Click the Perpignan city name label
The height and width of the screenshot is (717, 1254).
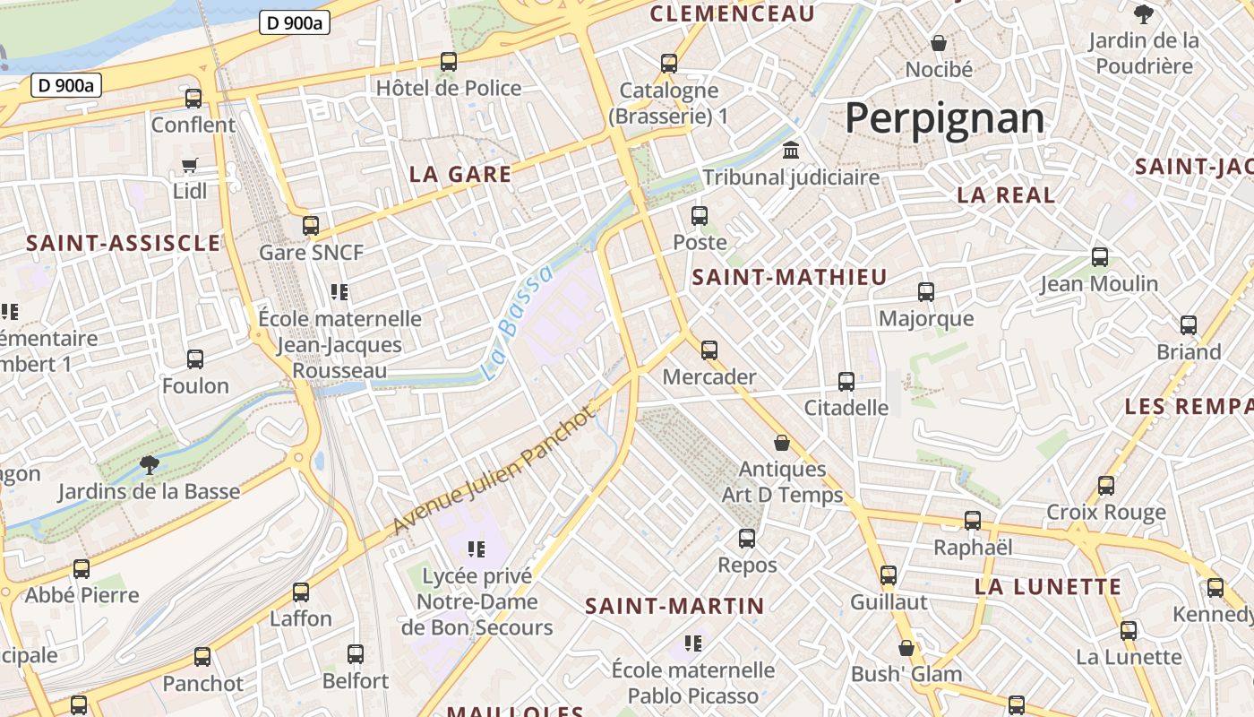point(944,118)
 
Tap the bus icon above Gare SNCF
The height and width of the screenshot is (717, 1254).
point(311,225)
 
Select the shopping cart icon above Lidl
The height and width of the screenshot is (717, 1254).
point(189,165)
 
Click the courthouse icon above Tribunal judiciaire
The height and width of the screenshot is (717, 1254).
point(791,150)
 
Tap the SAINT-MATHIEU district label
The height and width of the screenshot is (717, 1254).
point(789,277)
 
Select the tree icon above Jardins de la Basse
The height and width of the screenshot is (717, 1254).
point(149,464)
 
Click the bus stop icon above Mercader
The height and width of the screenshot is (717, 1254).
point(709,350)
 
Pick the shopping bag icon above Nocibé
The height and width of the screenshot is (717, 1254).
point(939,42)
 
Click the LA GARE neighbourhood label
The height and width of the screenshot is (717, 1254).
point(460,174)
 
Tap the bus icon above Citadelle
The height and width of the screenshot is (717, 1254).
point(846,381)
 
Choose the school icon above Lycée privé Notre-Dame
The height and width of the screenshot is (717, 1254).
point(476,549)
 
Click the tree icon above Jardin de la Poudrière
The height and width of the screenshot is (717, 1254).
point(1143,13)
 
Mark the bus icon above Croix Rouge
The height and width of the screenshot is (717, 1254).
point(1106,485)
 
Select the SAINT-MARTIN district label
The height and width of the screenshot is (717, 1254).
point(674,606)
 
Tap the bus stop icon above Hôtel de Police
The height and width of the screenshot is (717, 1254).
point(449,62)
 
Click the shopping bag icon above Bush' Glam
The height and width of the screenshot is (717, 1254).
point(906,647)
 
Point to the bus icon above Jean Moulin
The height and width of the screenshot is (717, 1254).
point(1100,257)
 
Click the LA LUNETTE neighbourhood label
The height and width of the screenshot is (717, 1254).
point(1047,587)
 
